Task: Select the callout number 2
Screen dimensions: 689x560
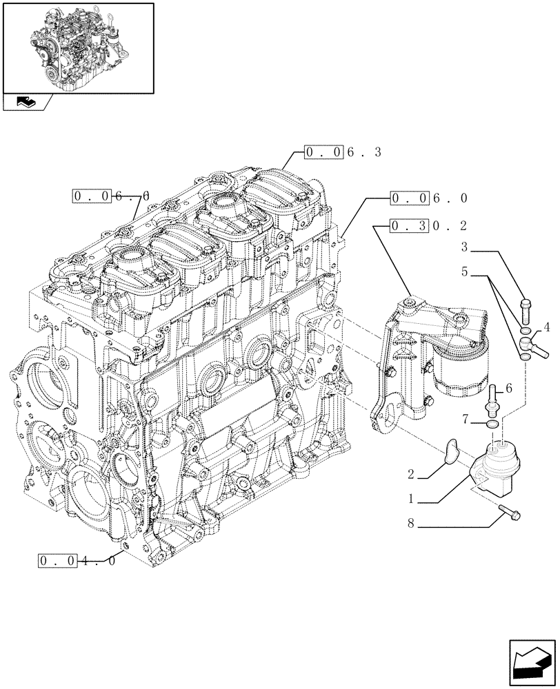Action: [x=410, y=474]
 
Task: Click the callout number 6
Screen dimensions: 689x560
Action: [x=509, y=389]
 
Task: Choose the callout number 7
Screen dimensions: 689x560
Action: [x=466, y=418]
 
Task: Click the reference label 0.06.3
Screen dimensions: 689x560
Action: [x=341, y=152]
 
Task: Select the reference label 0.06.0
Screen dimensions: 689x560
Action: [x=428, y=198]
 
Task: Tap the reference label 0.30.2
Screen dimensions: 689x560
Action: [x=428, y=225]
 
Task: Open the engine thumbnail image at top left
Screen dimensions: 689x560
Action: [x=78, y=48]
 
